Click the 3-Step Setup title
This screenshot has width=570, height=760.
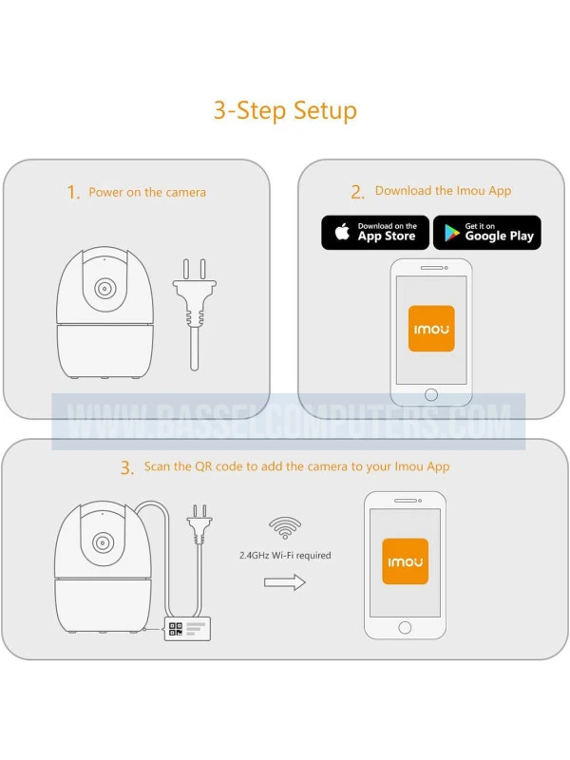click(285, 110)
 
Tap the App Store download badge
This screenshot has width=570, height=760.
click(375, 233)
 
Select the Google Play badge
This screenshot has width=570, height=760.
click(487, 233)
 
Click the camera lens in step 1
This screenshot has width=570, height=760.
click(104, 289)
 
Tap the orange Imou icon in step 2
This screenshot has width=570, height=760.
click(431, 328)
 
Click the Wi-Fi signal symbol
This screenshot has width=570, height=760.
click(285, 527)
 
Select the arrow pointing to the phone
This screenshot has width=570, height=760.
click(285, 582)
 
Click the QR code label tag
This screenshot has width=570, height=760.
click(187, 629)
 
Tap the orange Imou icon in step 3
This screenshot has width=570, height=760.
click(406, 561)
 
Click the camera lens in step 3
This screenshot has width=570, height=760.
click(104, 541)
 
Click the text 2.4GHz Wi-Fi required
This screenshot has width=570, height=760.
click(285, 556)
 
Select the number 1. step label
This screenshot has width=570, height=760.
click(73, 193)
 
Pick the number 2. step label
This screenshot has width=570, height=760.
click(358, 193)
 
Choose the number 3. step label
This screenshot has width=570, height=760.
click(127, 468)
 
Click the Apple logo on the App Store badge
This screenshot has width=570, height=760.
click(342, 232)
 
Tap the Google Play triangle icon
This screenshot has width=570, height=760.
click(452, 233)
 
